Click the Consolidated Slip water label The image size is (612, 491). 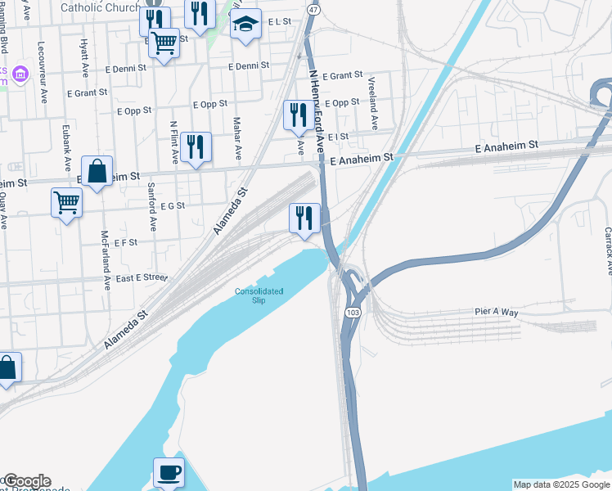click(259, 295)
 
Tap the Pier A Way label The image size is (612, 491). click(497, 312)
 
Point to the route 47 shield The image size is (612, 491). click(313, 9)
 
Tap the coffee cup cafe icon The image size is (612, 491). click(169, 473)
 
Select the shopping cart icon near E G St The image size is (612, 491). click(66, 202)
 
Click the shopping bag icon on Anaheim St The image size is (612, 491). click(97, 172)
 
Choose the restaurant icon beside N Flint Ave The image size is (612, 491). click(196, 147)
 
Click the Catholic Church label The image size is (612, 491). click(101, 7)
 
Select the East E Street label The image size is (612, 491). click(142, 277)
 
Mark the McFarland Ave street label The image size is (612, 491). click(106, 259)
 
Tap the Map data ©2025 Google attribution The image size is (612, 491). click(561, 484)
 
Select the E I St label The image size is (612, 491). click(337, 137)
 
